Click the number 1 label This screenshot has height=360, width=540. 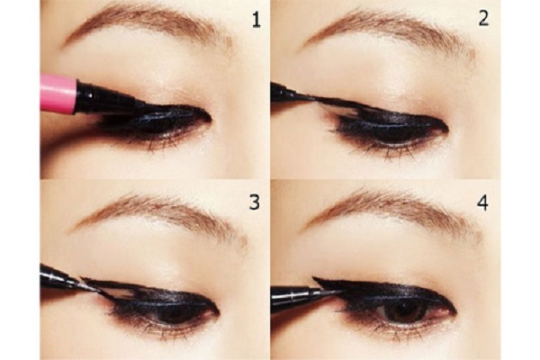pyautogui.click(x=256, y=21)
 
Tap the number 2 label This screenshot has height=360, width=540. pyautogui.click(x=483, y=18)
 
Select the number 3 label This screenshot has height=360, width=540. pyautogui.click(x=254, y=202)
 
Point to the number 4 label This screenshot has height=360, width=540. pyautogui.click(x=482, y=202)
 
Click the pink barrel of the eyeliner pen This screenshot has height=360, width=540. pyautogui.click(x=58, y=94)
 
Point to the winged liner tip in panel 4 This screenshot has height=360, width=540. pyautogui.click(x=313, y=277)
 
